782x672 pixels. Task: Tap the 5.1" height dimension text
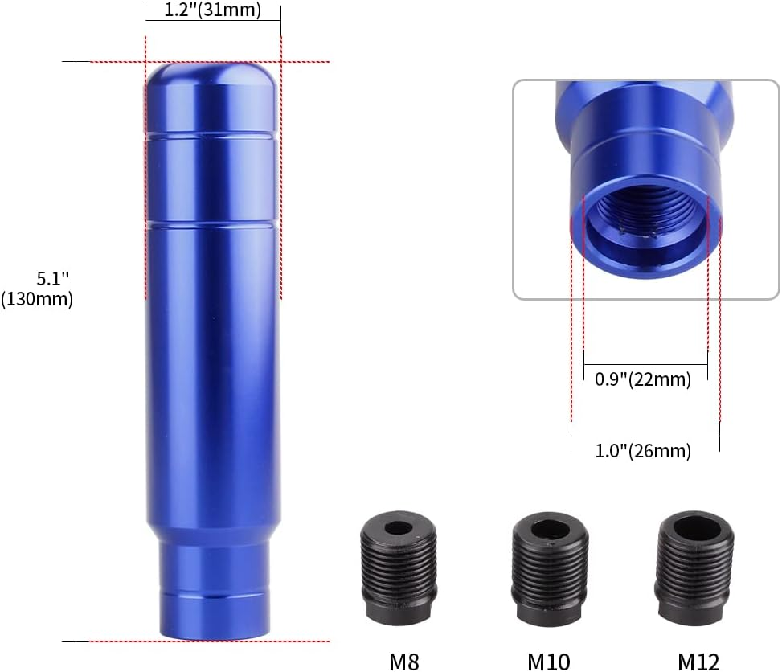[54, 279]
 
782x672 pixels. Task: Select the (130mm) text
[37, 300]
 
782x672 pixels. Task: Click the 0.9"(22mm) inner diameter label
[644, 379]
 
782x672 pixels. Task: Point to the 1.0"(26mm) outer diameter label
[643, 451]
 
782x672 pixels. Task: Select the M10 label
[549, 661]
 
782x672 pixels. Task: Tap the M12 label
[698, 661]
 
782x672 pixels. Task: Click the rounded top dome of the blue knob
[212, 80]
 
